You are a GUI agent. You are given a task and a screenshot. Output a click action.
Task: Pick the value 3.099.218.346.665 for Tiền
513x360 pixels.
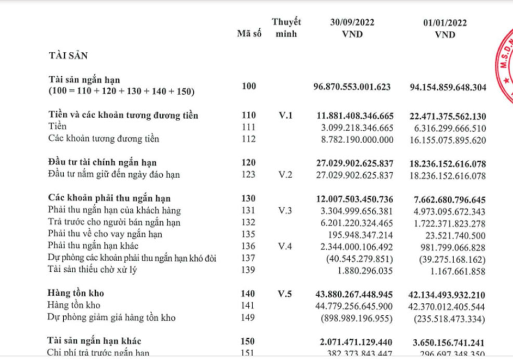(x=355, y=127)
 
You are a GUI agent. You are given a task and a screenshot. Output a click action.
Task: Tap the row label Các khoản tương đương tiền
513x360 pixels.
(x=104, y=139)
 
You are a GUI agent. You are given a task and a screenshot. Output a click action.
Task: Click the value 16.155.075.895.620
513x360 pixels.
(x=447, y=139)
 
